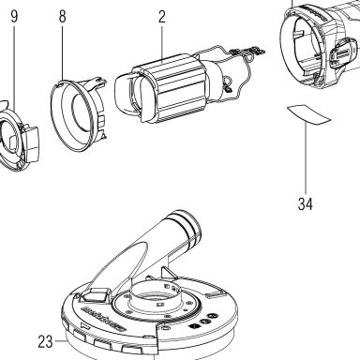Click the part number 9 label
14,16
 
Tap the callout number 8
63,16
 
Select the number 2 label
161,16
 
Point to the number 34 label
305,204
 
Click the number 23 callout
46,341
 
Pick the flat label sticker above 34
308,114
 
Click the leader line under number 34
306,158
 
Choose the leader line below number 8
63,52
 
